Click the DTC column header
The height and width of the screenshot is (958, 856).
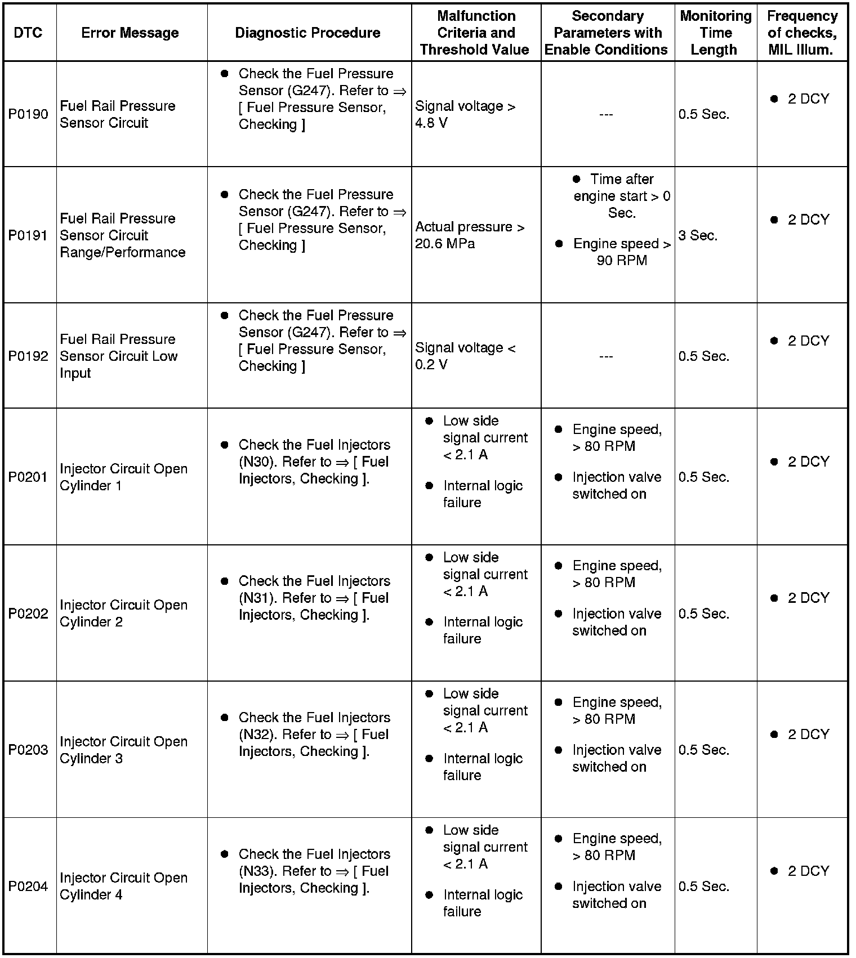coord(28,33)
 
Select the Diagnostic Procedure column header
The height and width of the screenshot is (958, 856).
coord(307,33)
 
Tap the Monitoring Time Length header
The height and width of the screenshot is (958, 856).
coord(715,33)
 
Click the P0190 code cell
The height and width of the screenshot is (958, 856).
coord(28,114)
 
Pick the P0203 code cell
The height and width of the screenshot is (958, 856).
coord(28,750)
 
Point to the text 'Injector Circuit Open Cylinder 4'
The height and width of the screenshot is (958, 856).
coord(123,886)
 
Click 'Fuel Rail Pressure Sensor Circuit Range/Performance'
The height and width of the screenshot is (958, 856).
coord(122,235)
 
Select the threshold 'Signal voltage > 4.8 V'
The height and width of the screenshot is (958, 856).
coord(465,114)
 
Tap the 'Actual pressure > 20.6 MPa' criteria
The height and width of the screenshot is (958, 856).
coord(470,235)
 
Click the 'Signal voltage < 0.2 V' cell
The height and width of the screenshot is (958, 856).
coord(465,356)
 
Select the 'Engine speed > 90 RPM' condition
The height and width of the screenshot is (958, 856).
coord(621,252)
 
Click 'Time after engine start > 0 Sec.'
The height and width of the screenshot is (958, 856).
coord(621,196)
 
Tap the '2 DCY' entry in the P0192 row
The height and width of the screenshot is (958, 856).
coord(808,341)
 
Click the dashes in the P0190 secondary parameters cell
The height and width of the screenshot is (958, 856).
coord(606,115)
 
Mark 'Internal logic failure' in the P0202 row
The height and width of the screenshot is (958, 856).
coord(482,630)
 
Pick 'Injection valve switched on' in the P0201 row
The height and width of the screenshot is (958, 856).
coord(616,485)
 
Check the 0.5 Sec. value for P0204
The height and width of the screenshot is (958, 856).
coord(703,886)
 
